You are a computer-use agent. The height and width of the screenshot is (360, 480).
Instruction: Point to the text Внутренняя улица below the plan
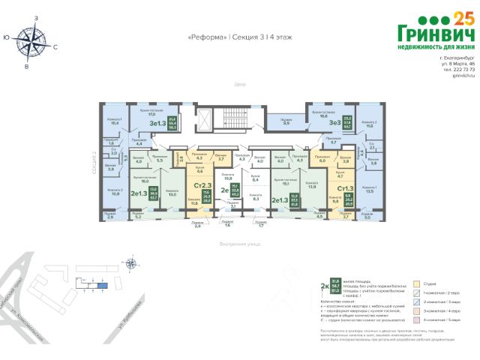[238, 244]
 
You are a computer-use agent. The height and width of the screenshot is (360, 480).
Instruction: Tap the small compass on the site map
[132, 262]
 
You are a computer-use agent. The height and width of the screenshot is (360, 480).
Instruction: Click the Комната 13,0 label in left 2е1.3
[172, 193]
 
